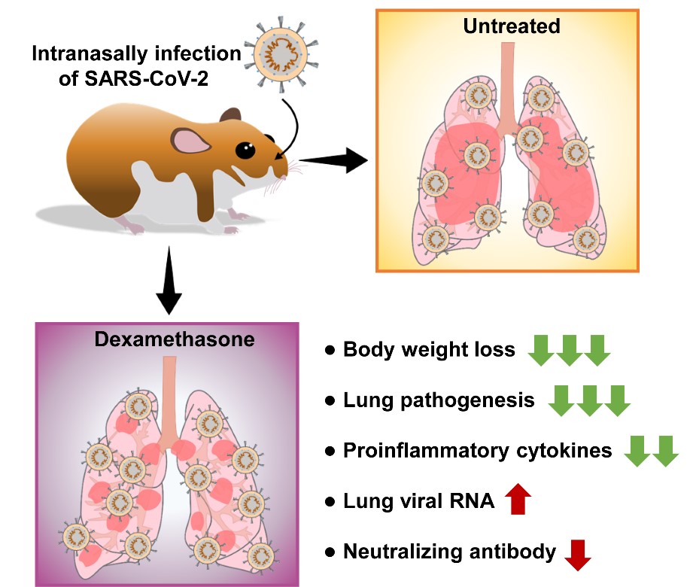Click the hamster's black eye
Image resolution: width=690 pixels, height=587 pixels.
(245, 151)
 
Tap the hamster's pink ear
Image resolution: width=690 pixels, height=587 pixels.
(190, 142)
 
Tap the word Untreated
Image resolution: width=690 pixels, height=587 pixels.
(512, 26)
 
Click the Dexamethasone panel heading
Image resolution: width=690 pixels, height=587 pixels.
(175, 339)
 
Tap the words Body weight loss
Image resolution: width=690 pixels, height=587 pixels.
(429, 350)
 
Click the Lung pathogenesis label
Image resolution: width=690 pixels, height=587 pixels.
(439, 400)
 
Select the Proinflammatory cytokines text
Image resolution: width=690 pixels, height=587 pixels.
(478, 451)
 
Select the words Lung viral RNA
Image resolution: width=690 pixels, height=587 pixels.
(418, 501)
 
